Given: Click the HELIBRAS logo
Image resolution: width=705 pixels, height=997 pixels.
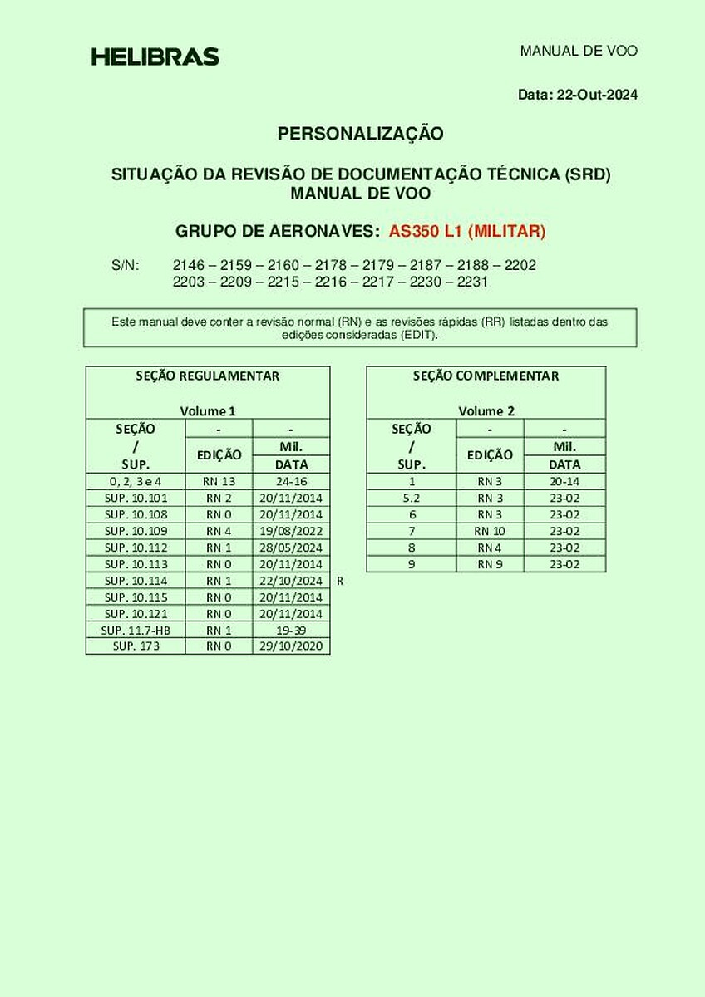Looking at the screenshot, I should point(155,56).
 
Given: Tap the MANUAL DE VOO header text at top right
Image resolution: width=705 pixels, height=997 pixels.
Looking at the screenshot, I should point(579,51).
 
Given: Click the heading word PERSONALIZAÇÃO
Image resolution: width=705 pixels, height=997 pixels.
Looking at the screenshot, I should point(361,133).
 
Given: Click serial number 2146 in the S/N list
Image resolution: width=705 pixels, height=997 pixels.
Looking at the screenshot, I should point(187,266).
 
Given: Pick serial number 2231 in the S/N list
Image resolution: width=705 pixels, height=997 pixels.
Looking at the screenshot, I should point(472,282).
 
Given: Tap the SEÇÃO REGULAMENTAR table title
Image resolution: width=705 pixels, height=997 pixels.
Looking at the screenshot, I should point(208,376).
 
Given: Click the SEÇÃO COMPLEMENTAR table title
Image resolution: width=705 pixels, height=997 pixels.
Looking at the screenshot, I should point(486,376).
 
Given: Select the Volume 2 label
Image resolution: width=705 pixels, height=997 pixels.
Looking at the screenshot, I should point(486,410).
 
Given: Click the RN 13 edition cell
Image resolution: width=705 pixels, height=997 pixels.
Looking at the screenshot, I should point(219,481).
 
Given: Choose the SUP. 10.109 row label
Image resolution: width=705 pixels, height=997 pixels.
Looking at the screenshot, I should point(136,531).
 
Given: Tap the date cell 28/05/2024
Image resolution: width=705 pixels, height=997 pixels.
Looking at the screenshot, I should point(292,548).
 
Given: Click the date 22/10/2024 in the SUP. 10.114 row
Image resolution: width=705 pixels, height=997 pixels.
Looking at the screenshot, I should point(292,581).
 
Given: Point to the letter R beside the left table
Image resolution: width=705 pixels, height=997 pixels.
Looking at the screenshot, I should point(340,582).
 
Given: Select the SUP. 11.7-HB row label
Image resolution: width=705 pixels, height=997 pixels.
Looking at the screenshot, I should point(136,631).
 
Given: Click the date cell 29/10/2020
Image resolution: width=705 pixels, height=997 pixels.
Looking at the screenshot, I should point(292,646).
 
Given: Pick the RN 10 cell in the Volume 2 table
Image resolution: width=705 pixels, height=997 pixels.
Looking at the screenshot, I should point(490,531).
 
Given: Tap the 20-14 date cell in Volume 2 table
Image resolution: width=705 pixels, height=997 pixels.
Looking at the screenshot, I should point(564,481).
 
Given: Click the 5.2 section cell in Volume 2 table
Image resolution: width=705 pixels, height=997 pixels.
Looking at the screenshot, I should point(412,498).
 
